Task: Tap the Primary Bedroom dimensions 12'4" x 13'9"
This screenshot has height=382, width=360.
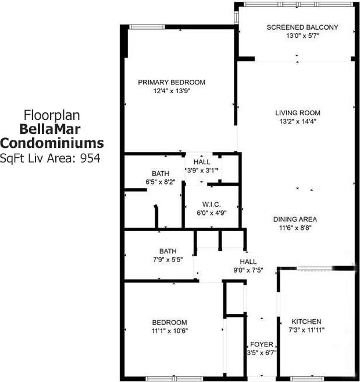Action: tap(172, 91)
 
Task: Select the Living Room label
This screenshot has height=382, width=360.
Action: tap(298, 113)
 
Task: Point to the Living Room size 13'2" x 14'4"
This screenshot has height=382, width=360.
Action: tap(298, 122)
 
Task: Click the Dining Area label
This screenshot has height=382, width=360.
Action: tap(295, 220)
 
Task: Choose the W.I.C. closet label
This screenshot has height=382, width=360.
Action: tap(211, 204)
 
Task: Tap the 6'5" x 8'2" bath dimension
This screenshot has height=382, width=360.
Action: tap(160, 182)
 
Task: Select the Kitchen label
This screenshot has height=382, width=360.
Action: tap(306, 321)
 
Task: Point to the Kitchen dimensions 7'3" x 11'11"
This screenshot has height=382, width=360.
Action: tap(306, 330)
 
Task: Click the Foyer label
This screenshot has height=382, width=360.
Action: tap(262, 344)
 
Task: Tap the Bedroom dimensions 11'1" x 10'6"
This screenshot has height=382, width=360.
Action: tap(170, 331)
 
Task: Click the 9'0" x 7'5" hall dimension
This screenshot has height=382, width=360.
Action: tap(248, 270)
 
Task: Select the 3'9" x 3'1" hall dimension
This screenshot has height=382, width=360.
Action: tap(202, 170)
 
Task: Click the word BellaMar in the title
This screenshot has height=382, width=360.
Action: tap(51, 129)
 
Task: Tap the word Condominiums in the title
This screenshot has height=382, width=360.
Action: tap(52, 143)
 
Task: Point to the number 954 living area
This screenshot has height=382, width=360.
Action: tap(90, 157)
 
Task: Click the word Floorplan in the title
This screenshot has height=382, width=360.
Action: tap(51, 114)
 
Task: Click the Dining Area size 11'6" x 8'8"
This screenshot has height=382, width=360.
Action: tap(295, 228)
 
